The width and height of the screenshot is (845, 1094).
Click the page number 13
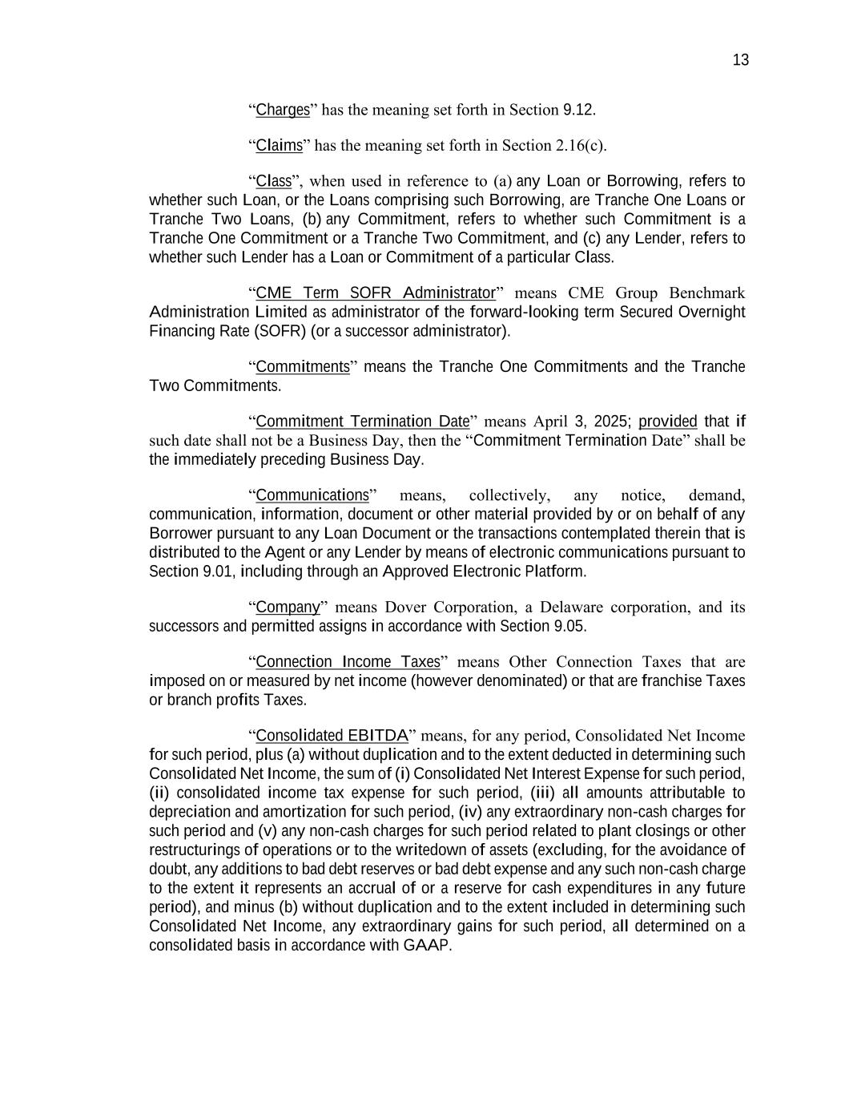[740, 60]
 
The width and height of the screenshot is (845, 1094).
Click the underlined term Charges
[283, 110]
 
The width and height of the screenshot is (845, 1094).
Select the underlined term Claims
[279, 145]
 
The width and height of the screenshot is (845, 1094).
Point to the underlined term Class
[273, 181]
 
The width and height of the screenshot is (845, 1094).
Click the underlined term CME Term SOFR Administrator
[376, 293]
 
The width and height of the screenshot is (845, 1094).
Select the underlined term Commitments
[303, 367]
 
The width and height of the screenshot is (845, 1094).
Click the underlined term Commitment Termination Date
[362, 422]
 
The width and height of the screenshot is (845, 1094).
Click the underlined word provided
[668, 422]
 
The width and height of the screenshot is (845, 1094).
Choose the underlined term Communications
[312, 495]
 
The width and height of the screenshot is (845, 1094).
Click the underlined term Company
[288, 607]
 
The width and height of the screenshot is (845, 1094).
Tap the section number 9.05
[569, 626]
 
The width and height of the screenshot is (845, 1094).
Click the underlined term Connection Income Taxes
[348, 662]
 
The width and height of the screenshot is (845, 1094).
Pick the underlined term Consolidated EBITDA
[332, 736]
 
